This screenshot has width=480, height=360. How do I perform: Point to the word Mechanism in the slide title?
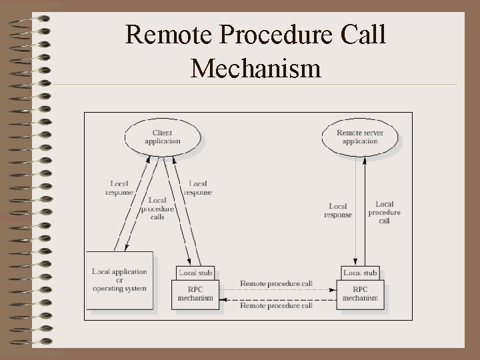(x=256, y=67)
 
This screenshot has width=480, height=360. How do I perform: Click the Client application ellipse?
(x=162, y=137)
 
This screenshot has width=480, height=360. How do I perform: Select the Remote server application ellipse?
(x=360, y=137)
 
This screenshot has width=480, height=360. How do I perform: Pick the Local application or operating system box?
(x=120, y=280)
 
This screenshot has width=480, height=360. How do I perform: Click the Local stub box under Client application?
(x=195, y=273)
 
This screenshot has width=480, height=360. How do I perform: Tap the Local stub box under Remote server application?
(x=360, y=273)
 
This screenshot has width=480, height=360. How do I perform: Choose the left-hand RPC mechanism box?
(x=195, y=294)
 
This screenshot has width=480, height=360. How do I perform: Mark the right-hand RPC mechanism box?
(x=360, y=294)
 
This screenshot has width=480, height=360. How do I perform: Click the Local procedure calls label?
(x=157, y=208)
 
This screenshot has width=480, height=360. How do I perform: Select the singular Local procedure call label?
(x=385, y=212)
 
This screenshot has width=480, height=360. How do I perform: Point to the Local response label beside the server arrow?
(x=338, y=211)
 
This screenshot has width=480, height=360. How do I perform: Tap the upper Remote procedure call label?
(x=276, y=283)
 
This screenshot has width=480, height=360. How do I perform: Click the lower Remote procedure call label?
(x=276, y=306)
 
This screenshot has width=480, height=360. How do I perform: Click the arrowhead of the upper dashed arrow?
(x=333, y=290)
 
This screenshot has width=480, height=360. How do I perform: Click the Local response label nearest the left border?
(x=119, y=188)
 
